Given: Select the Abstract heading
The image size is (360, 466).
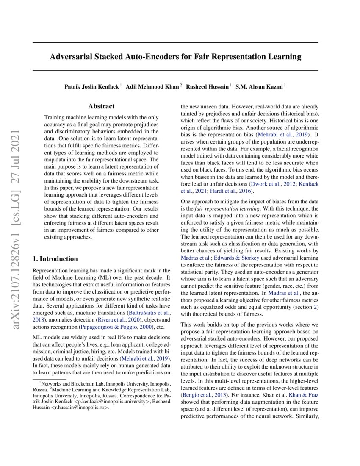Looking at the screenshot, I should [x=101, y=107].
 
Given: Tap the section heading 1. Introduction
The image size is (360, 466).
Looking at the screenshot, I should [x=55, y=259].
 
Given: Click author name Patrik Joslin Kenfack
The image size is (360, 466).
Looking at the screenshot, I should [x=91, y=86].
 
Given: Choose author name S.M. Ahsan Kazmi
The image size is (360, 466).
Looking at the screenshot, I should [x=260, y=86].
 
